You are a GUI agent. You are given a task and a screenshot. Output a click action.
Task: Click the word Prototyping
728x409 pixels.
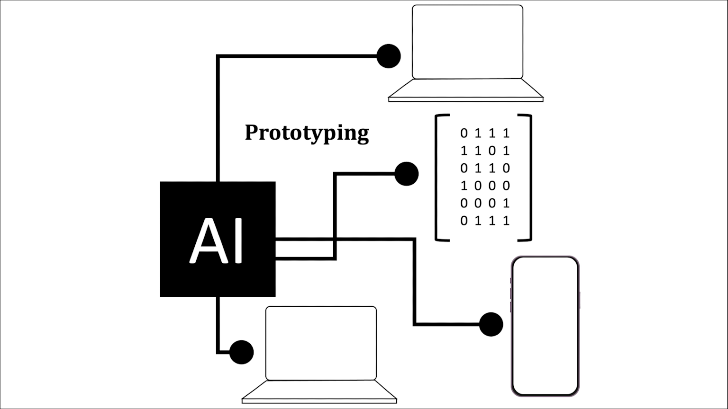[x=307, y=133]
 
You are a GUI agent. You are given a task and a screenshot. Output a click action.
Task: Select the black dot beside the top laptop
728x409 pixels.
[x=389, y=56]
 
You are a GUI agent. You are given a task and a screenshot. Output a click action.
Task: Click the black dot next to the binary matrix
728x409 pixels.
[x=406, y=174]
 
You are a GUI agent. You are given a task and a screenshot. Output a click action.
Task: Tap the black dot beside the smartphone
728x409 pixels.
[x=491, y=324]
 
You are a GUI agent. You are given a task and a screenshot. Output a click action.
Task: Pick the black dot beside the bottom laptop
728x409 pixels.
[x=241, y=352]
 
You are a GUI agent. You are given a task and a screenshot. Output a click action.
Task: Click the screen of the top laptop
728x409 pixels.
[x=467, y=42]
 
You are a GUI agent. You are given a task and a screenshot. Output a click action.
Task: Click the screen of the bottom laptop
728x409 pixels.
[x=321, y=343]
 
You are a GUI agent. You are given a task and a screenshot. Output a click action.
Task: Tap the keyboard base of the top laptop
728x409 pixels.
[x=466, y=89]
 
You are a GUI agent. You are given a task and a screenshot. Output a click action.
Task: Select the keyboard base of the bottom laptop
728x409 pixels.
[x=319, y=391]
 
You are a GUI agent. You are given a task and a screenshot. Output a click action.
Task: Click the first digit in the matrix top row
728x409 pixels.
[x=464, y=133]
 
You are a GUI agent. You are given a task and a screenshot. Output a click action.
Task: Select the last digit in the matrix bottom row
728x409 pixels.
[x=506, y=221]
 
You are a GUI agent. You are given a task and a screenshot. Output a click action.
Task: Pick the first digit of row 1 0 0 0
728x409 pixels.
[x=464, y=186]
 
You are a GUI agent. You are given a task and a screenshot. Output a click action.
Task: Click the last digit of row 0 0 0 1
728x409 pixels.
[x=506, y=203]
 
